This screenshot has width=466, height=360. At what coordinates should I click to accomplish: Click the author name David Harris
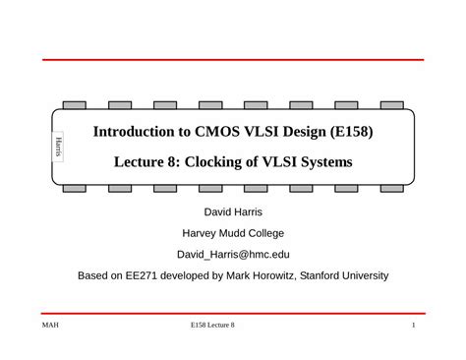pos(233,212)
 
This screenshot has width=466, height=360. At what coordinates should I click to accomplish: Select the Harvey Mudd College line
pos(233,234)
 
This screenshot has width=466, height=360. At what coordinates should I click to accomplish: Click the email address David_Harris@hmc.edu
pos(233,255)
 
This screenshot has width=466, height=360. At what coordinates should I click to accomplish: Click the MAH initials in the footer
pos(51,326)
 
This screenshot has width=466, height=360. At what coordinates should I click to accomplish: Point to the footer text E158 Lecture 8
pos(213,326)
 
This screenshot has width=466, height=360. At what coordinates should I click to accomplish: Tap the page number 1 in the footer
pos(415,326)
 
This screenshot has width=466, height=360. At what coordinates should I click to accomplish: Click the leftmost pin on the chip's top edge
pos(74,104)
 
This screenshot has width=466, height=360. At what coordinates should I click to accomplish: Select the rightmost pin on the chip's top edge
pos(392,104)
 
